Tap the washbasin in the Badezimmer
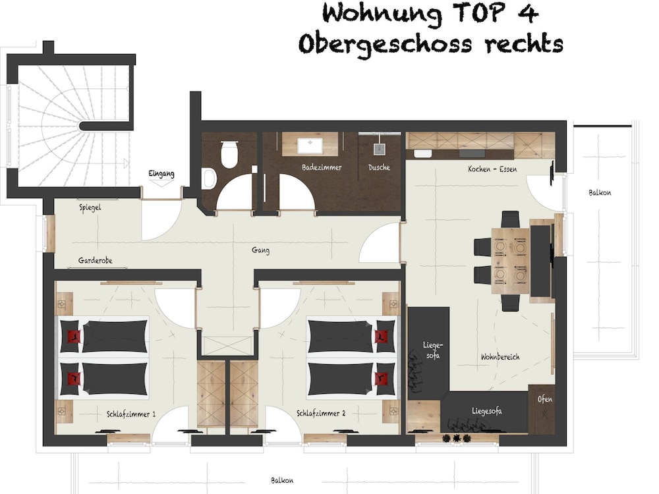point(310,146)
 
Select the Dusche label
point(379,167)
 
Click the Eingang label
point(161,173)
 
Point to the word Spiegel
point(90,207)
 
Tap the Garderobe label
point(96,260)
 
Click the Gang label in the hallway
point(260,250)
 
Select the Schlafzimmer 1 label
point(131,414)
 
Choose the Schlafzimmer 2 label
point(321,414)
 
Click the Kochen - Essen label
point(492,169)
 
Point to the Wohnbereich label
point(500,357)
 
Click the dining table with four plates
point(510,260)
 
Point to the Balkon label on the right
point(600,193)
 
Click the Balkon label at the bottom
point(282,480)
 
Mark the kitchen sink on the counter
point(423,153)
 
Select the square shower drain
point(380,149)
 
